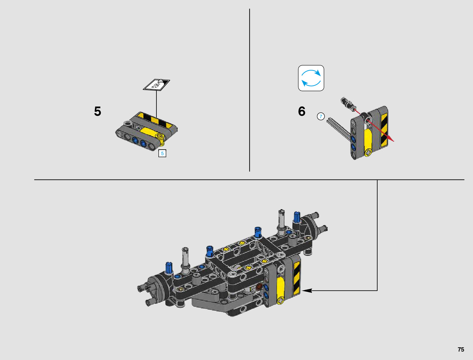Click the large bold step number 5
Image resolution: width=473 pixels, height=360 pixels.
tap(97, 111)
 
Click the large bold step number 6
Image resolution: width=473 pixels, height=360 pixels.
tap(301, 111)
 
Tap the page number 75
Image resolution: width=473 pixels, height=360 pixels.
tap(461, 349)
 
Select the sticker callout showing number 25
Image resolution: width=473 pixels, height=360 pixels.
tap(157, 85)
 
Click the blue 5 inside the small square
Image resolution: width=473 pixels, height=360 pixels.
tap(162, 153)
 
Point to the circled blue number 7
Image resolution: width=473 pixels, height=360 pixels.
tap(321, 116)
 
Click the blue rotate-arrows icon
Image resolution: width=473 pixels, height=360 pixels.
tap(311, 78)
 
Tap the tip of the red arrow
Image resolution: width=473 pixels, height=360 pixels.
tap(394, 141)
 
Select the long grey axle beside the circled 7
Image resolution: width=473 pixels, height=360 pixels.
tap(338, 127)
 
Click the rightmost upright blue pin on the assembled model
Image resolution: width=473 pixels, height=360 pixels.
tap(297, 217)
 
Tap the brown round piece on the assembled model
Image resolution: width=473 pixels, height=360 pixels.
tap(259, 286)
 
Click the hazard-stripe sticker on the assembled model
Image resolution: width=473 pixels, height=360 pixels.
tap(296, 278)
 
